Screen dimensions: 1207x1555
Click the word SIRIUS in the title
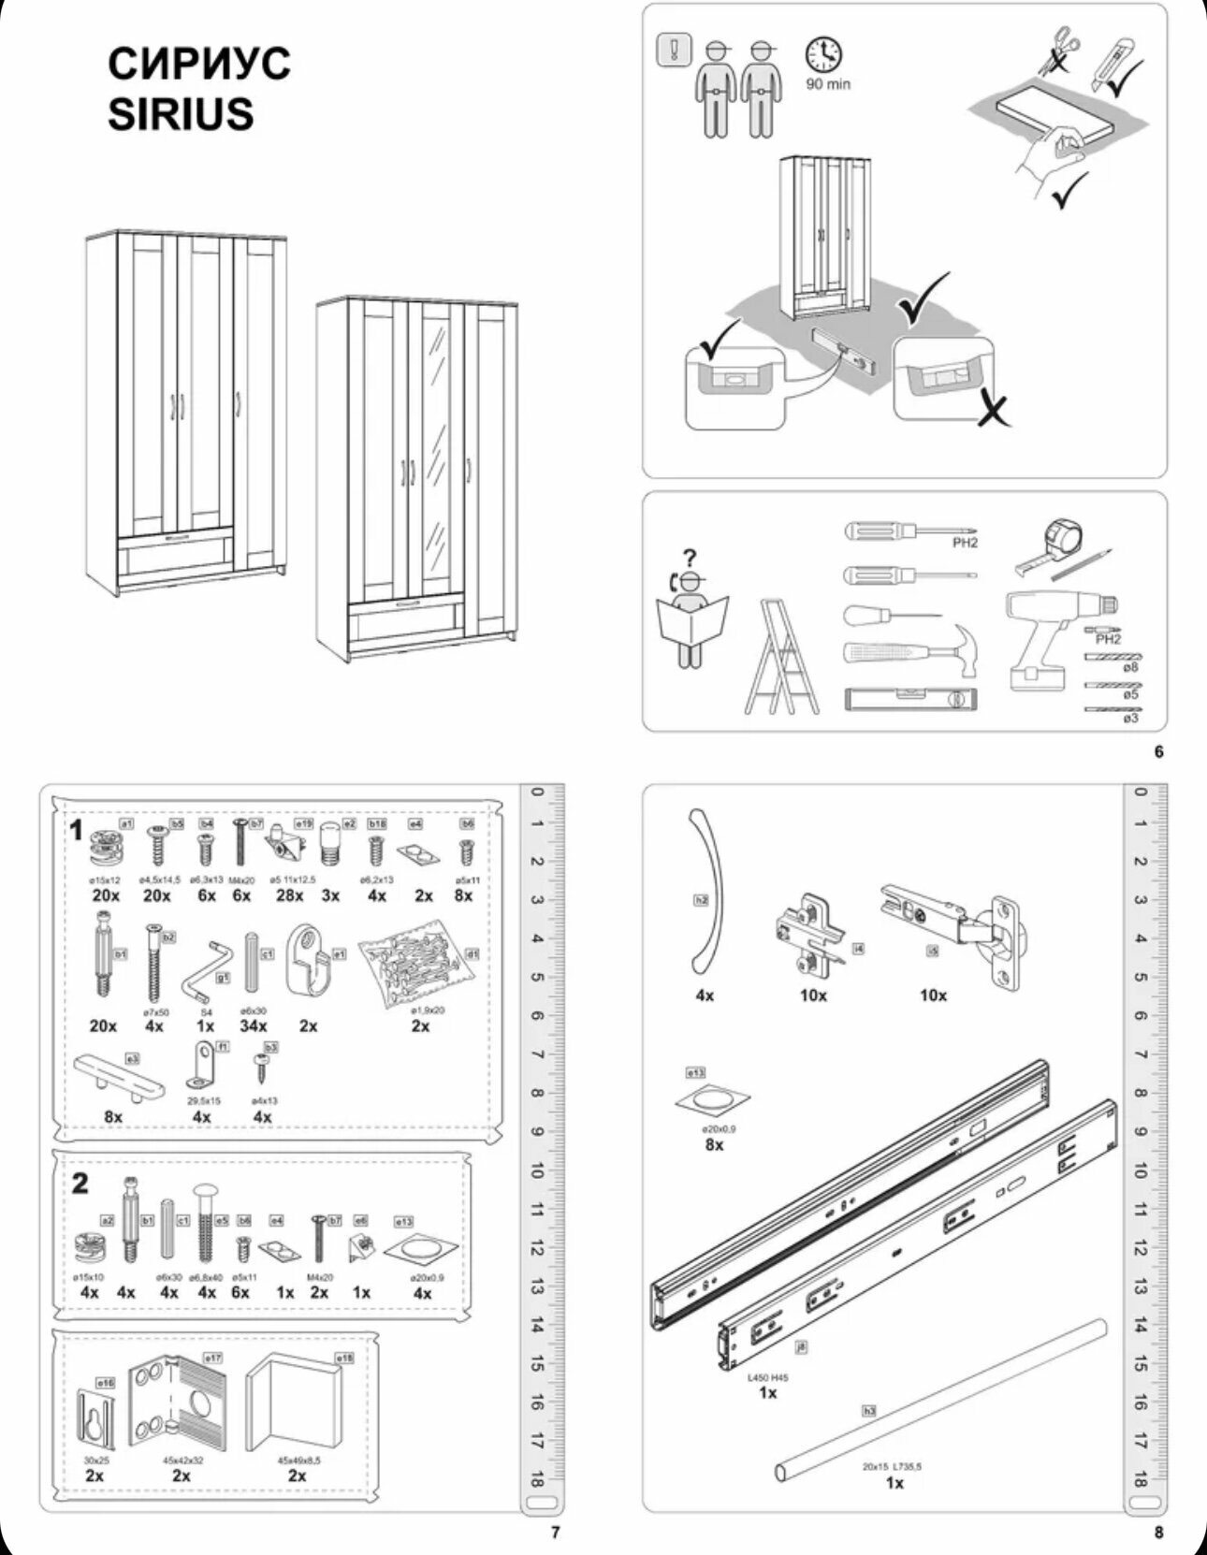(x=181, y=114)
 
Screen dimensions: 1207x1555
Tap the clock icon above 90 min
(x=823, y=55)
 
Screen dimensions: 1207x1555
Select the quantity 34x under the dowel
(x=253, y=1026)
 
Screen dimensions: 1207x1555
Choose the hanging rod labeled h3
(x=940, y=1400)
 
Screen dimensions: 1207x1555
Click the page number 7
(x=555, y=1533)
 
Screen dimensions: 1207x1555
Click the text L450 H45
(x=767, y=1378)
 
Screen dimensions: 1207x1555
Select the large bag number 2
(x=80, y=1184)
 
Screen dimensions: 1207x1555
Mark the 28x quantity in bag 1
(x=290, y=895)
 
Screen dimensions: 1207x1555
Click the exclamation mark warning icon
(x=674, y=50)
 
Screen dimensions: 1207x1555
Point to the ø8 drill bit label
(x=1131, y=667)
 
